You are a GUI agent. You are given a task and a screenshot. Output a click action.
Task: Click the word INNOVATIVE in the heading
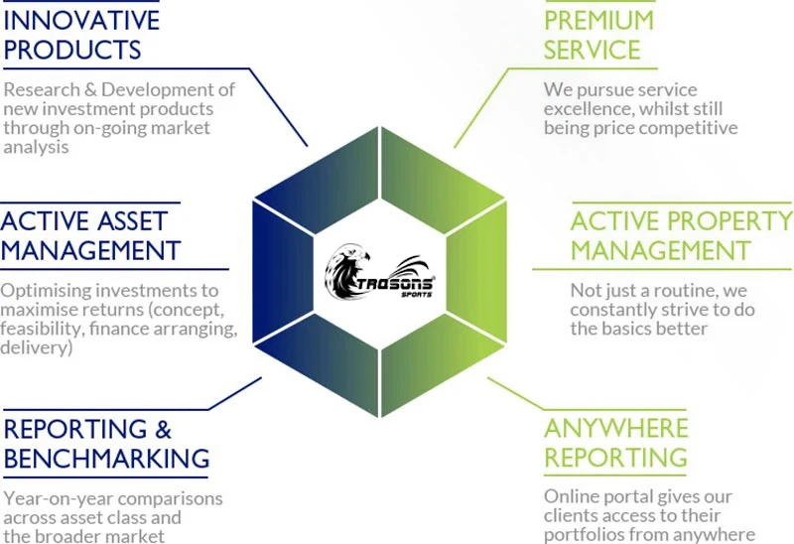coord(80,19)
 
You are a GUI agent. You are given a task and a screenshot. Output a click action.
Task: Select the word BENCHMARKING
coord(107,459)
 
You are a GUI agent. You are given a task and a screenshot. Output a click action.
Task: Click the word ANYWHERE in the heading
coord(615,429)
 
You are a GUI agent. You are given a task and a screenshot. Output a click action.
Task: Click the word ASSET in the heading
coord(147,220)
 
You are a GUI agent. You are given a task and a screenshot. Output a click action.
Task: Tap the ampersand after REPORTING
coord(163,429)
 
